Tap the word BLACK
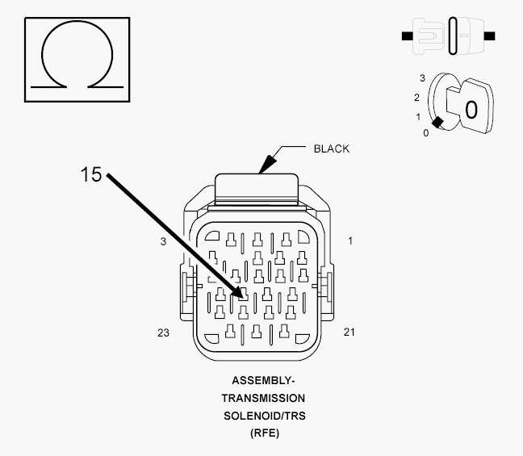click(x=332, y=149)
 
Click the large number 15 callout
click(x=91, y=174)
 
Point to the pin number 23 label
click(x=163, y=333)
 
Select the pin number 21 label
click(x=349, y=332)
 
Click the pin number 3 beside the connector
click(x=163, y=241)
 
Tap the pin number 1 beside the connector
click(x=350, y=241)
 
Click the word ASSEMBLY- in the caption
click(x=263, y=381)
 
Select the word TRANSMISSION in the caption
click(x=263, y=398)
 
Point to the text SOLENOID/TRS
click(x=265, y=416)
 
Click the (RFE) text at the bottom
click(x=265, y=433)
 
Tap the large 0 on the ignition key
click(x=471, y=110)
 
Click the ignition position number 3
click(x=423, y=78)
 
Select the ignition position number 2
click(x=416, y=98)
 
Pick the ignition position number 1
click(x=418, y=117)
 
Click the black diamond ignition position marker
click(x=437, y=123)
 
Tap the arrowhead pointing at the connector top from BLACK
click(x=267, y=165)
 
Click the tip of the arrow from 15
click(x=243, y=298)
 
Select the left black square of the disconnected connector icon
click(x=408, y=36)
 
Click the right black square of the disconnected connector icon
click(x=490, y=36)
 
